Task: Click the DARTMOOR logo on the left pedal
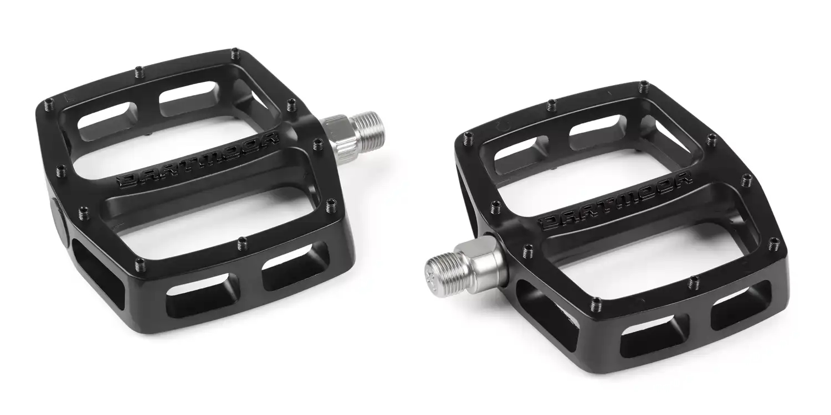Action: (197, 159)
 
